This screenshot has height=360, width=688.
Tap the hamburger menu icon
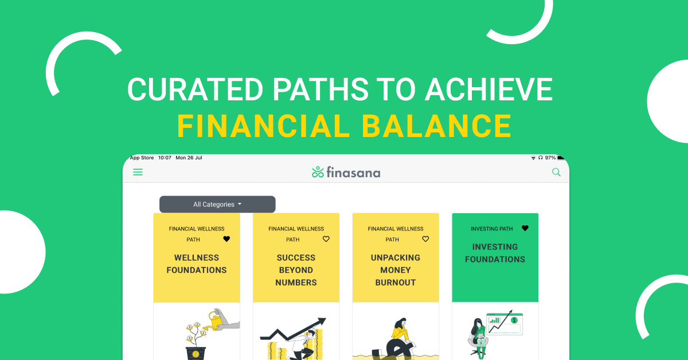pyautogui.click(x=138, y=172)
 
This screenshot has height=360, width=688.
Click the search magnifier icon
pyautogui.click(x=556, y=172)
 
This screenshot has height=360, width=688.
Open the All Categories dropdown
pyautogui.click(x=217, y=204)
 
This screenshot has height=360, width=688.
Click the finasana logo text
pyautogui.click(x=353, y=173)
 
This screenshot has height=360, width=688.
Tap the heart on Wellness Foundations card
pyautogui.click(x=226, y=239)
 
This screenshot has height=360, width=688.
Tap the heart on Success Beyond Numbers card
pyautogui.click(x=326, y=239)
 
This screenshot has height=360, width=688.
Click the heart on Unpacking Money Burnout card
pyautogui.click(x=425, y=239)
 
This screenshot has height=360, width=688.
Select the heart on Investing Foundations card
pyautogui.click(x=525, y=228)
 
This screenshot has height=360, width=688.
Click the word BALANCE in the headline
pyautogui.click(x=436, y=126)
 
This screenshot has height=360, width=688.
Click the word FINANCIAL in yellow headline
pyautogui.click(x=264, y=126)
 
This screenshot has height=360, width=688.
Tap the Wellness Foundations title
pyautogui.click(x=197, y=264)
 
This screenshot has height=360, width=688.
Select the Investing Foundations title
pyautogui.click(x=495, y=253)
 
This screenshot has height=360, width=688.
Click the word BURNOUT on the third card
pyautogui.click(x=396, y=283)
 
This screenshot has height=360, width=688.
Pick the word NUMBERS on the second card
pyautogui.click(x=296, y=283)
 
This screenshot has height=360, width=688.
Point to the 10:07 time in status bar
pyautogui.click(x=165, y=158)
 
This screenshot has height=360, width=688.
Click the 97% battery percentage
pyautogui.click(x=550, y=158)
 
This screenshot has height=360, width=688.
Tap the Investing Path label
pyautogui.click(x=492, y=229)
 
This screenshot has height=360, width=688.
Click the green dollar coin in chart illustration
pyautogui.click(x=514, y=320)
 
